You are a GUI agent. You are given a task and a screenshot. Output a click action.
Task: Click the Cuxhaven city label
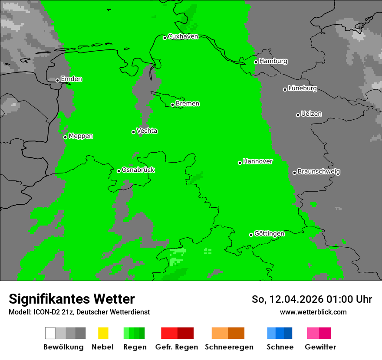click(x=183, y=36)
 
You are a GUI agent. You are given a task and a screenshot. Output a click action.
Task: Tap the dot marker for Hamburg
click(x=256, y=62)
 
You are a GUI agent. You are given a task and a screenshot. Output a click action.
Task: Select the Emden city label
click(x=71, y=79)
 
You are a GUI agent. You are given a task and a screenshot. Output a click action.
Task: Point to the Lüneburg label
click(x=303, y=88)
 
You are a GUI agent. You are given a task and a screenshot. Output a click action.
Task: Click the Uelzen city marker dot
click(x=298, y=115)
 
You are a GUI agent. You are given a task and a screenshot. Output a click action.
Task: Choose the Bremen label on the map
click(x=188, y=104)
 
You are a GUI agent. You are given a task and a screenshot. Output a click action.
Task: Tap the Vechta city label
click(x=147, y=131)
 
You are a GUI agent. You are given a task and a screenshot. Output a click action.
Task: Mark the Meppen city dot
click(x=65, y=137)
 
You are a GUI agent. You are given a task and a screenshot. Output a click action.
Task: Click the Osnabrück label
click(x=138, y=170)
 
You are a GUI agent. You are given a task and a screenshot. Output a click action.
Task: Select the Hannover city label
click(x=258, y=161)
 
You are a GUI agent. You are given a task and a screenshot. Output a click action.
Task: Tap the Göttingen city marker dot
click(x=251, y=235)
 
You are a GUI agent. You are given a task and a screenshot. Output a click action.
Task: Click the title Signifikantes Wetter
click(x=72, y=299)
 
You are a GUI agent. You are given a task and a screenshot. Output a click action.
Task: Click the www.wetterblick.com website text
click(x=313, y=312)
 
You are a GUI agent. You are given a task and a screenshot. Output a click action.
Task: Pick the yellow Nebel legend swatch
click(x=103, y=333)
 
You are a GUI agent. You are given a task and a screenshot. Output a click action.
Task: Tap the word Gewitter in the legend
click(x=320, y=347)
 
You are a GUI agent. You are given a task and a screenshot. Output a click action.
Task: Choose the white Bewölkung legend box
click(x=50, y=333)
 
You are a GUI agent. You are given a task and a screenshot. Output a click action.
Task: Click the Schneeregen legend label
click(x=229, y=347)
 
